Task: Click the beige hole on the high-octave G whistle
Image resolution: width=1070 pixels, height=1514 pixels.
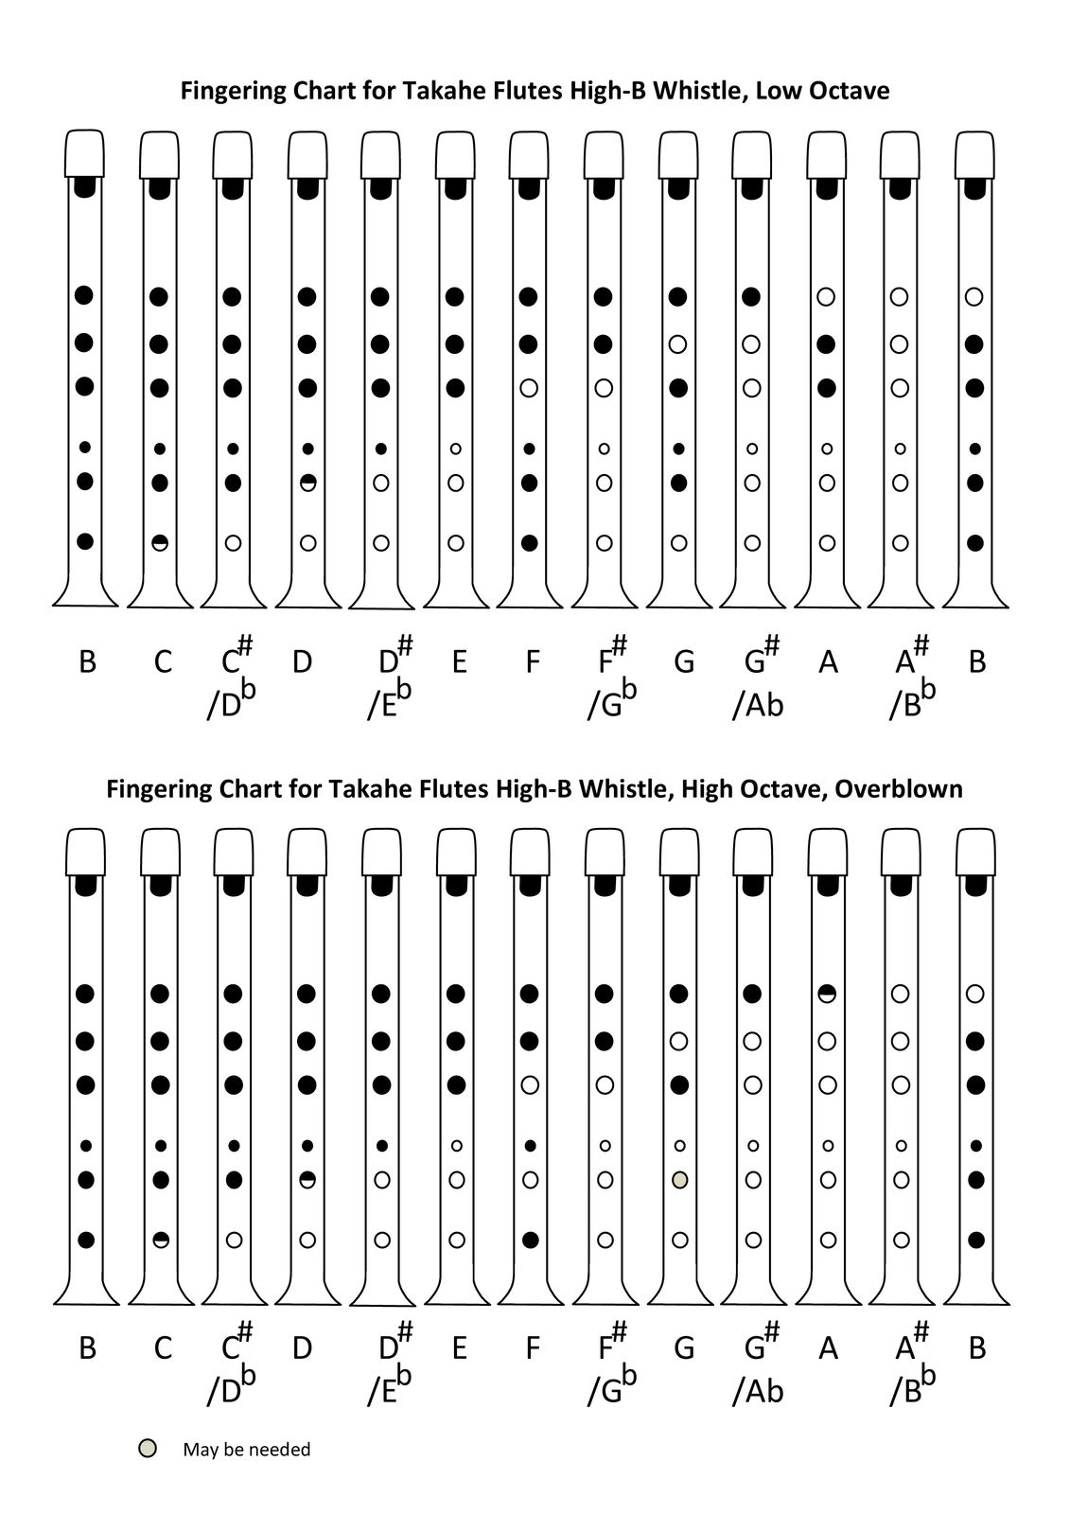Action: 679,1180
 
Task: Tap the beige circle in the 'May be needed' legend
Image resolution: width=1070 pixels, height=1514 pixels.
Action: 147,1449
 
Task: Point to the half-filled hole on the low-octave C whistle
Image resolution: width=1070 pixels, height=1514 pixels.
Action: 160,542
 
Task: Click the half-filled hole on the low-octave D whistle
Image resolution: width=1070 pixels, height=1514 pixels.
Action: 307,483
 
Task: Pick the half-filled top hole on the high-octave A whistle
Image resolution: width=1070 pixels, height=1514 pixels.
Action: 827,994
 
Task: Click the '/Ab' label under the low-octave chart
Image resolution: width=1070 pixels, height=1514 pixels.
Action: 757,705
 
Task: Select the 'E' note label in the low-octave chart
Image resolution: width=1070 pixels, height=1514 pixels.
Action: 459,661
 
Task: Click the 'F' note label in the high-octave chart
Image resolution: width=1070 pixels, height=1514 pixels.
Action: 533,1347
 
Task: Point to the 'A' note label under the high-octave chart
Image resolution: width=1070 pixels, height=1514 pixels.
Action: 828,1347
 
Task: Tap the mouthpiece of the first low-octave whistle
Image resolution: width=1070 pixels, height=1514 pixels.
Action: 84,152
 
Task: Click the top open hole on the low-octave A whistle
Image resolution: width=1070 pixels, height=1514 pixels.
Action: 827,297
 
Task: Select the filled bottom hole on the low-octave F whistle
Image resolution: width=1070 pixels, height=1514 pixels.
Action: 530,542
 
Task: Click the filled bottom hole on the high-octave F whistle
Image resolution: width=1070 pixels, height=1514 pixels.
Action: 530,1240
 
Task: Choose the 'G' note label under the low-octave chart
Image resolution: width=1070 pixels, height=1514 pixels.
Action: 684,661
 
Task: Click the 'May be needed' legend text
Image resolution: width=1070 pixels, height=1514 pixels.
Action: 246,1450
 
